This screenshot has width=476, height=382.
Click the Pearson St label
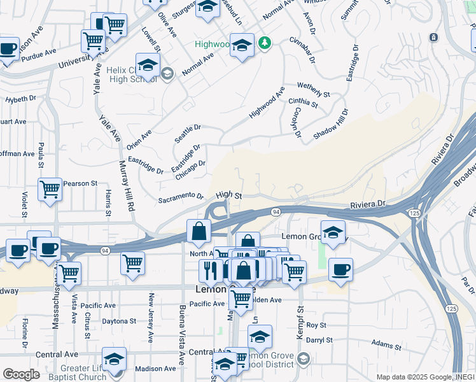[x=80, y=183]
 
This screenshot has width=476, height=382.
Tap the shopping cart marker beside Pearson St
[x=50, y=189]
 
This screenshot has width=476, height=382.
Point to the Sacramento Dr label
[x=181, y=199]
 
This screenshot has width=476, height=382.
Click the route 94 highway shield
[x=276, y=211]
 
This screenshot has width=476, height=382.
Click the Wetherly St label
[x=314, y=90]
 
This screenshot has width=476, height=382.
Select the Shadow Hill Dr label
[x=331, y=125]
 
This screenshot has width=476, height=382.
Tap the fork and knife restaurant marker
[x=209, y=270]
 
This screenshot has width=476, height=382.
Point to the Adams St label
[x=386, y=346]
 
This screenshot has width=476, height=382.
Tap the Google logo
[x=21, y=374]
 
